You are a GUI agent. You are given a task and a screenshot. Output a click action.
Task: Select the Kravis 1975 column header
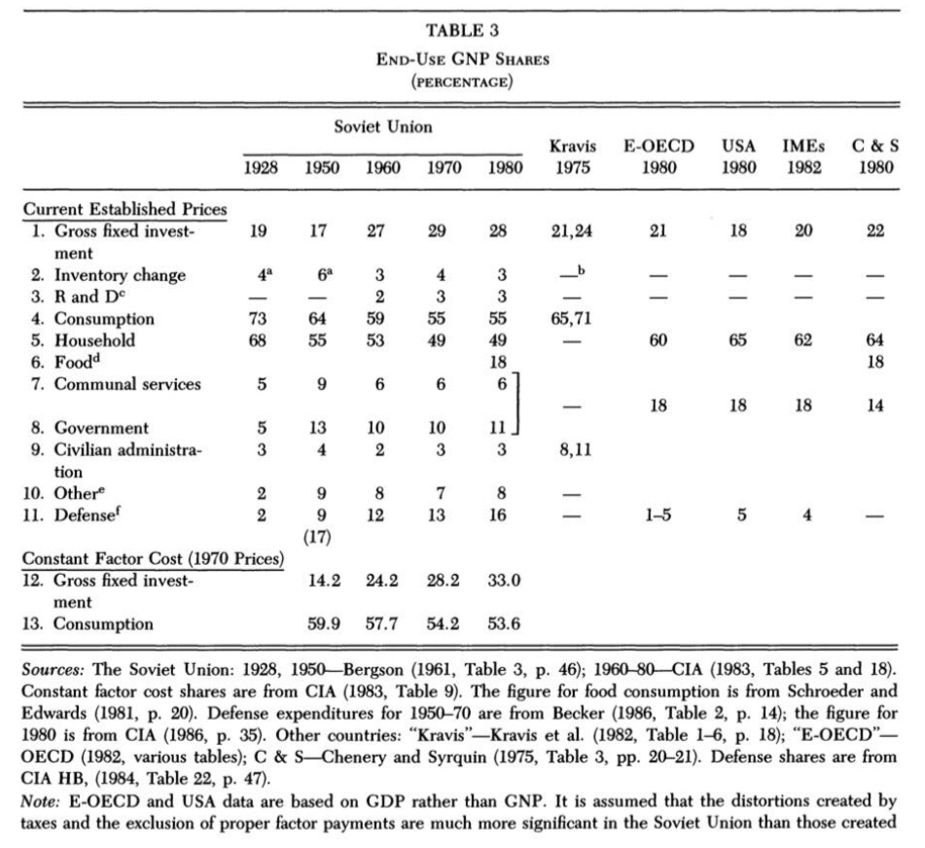pyautogui.click(x=565, y=157)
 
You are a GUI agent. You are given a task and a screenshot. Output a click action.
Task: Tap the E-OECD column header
pyautogui.click(x=658, y=157)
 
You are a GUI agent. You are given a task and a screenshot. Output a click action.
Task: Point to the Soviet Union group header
pyautogui.click(x=383, y=126)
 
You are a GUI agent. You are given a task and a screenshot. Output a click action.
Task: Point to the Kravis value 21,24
pyautogui.click(x=565, y=231)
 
